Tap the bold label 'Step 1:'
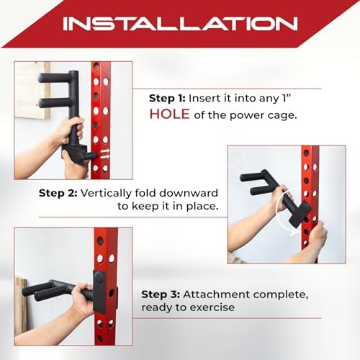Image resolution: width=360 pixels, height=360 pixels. tap(167, 97)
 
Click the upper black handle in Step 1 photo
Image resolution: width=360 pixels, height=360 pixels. tap(60, 78)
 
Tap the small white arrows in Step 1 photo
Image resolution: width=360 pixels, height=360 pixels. tap(105, 153)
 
